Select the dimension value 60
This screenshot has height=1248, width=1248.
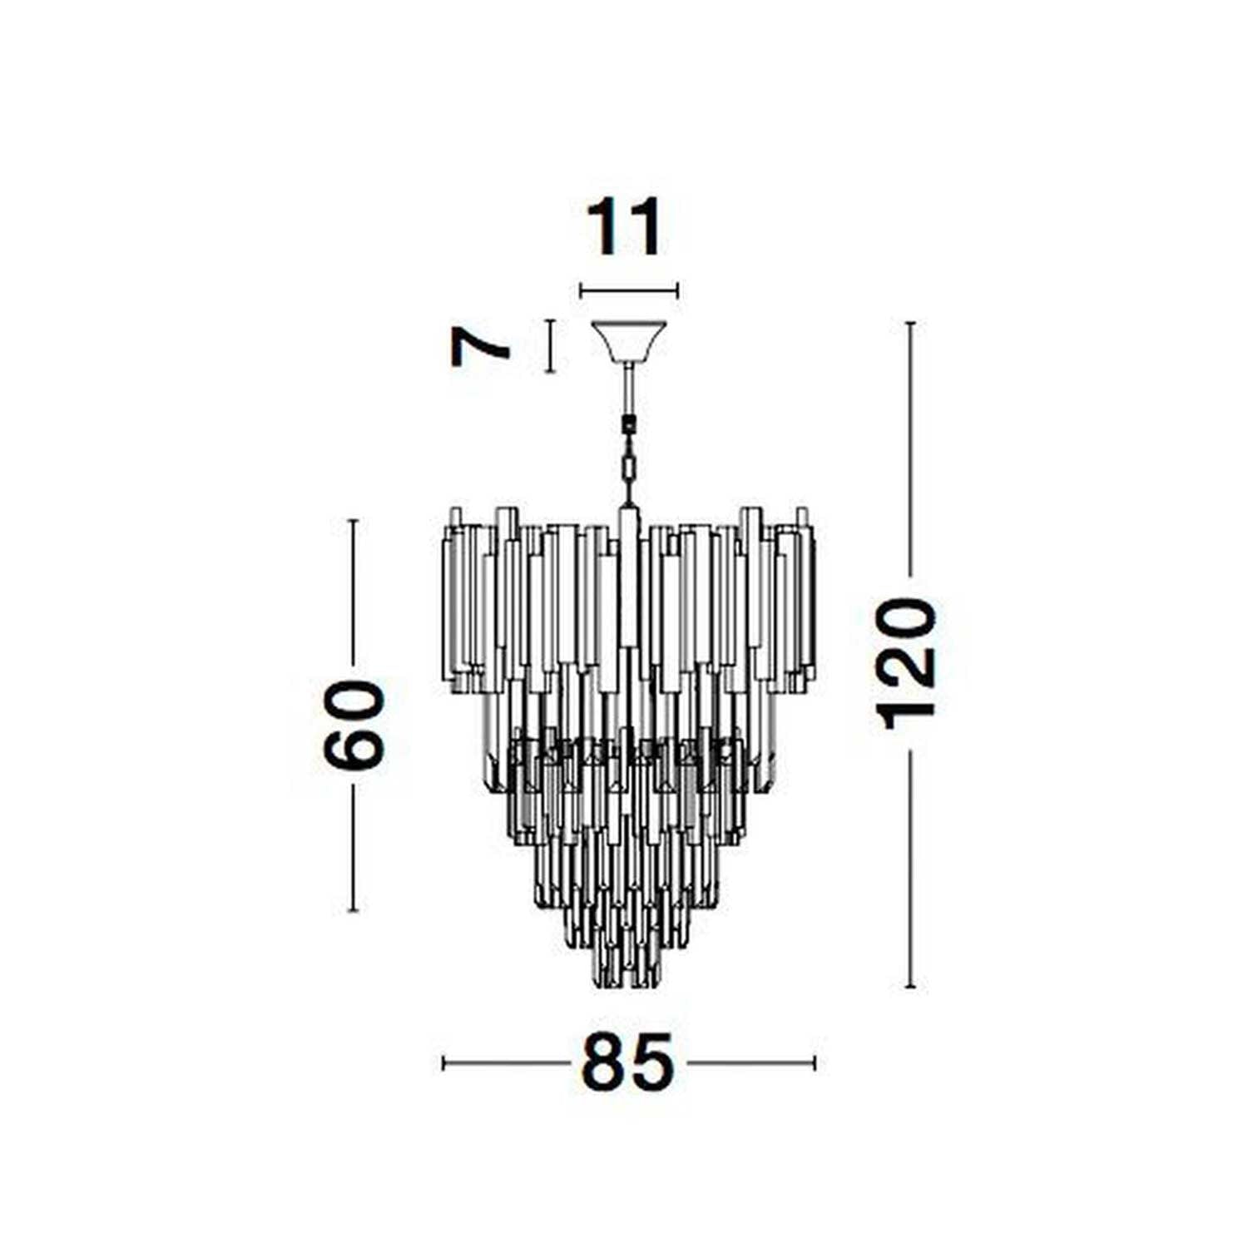pyautogui.click(x=354, y=724)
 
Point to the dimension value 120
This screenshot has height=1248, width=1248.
pyautogui.click(x=910, y=663)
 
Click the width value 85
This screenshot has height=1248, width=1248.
pyautogui.click(x=628, y=1062)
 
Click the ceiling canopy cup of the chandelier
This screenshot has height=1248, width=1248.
pyautogui.click(x=628, y=341)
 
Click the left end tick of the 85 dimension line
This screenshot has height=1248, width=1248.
pyautogui.click(x=444, y=1062)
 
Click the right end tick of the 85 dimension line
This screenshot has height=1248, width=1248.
pyautogui.click(x=815, y=1062)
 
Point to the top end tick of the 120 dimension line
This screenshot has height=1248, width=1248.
pyautogui.click(x=911, y=323)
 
